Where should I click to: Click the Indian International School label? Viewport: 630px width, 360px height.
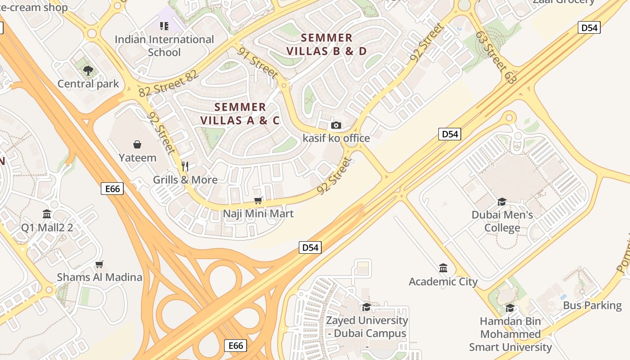164,46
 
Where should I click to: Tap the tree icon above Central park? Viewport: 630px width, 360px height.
88,70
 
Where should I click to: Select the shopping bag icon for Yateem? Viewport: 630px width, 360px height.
137,144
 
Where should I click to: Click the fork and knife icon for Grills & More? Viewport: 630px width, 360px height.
184,166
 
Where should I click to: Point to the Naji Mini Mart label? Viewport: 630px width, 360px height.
258,214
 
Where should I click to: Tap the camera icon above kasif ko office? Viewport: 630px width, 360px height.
336,125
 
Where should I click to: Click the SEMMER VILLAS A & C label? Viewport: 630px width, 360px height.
240,114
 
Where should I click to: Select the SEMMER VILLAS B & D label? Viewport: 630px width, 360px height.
327,45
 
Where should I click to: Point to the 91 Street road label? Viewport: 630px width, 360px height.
258,63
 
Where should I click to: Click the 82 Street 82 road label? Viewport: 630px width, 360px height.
169,84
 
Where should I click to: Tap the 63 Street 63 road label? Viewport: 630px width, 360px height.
496,57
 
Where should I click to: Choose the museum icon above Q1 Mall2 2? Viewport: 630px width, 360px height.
47,214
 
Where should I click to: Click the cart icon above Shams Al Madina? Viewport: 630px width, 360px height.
99,264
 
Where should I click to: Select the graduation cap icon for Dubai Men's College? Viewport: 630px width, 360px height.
502,202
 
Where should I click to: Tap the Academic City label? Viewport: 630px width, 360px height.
443,282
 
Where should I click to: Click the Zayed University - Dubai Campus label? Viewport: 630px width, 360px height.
367,327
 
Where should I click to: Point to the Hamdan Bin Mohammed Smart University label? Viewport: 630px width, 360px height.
510,334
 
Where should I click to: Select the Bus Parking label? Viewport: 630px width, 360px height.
592,306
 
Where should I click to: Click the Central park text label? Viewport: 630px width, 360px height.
88,84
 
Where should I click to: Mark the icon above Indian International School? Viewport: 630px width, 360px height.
164,26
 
